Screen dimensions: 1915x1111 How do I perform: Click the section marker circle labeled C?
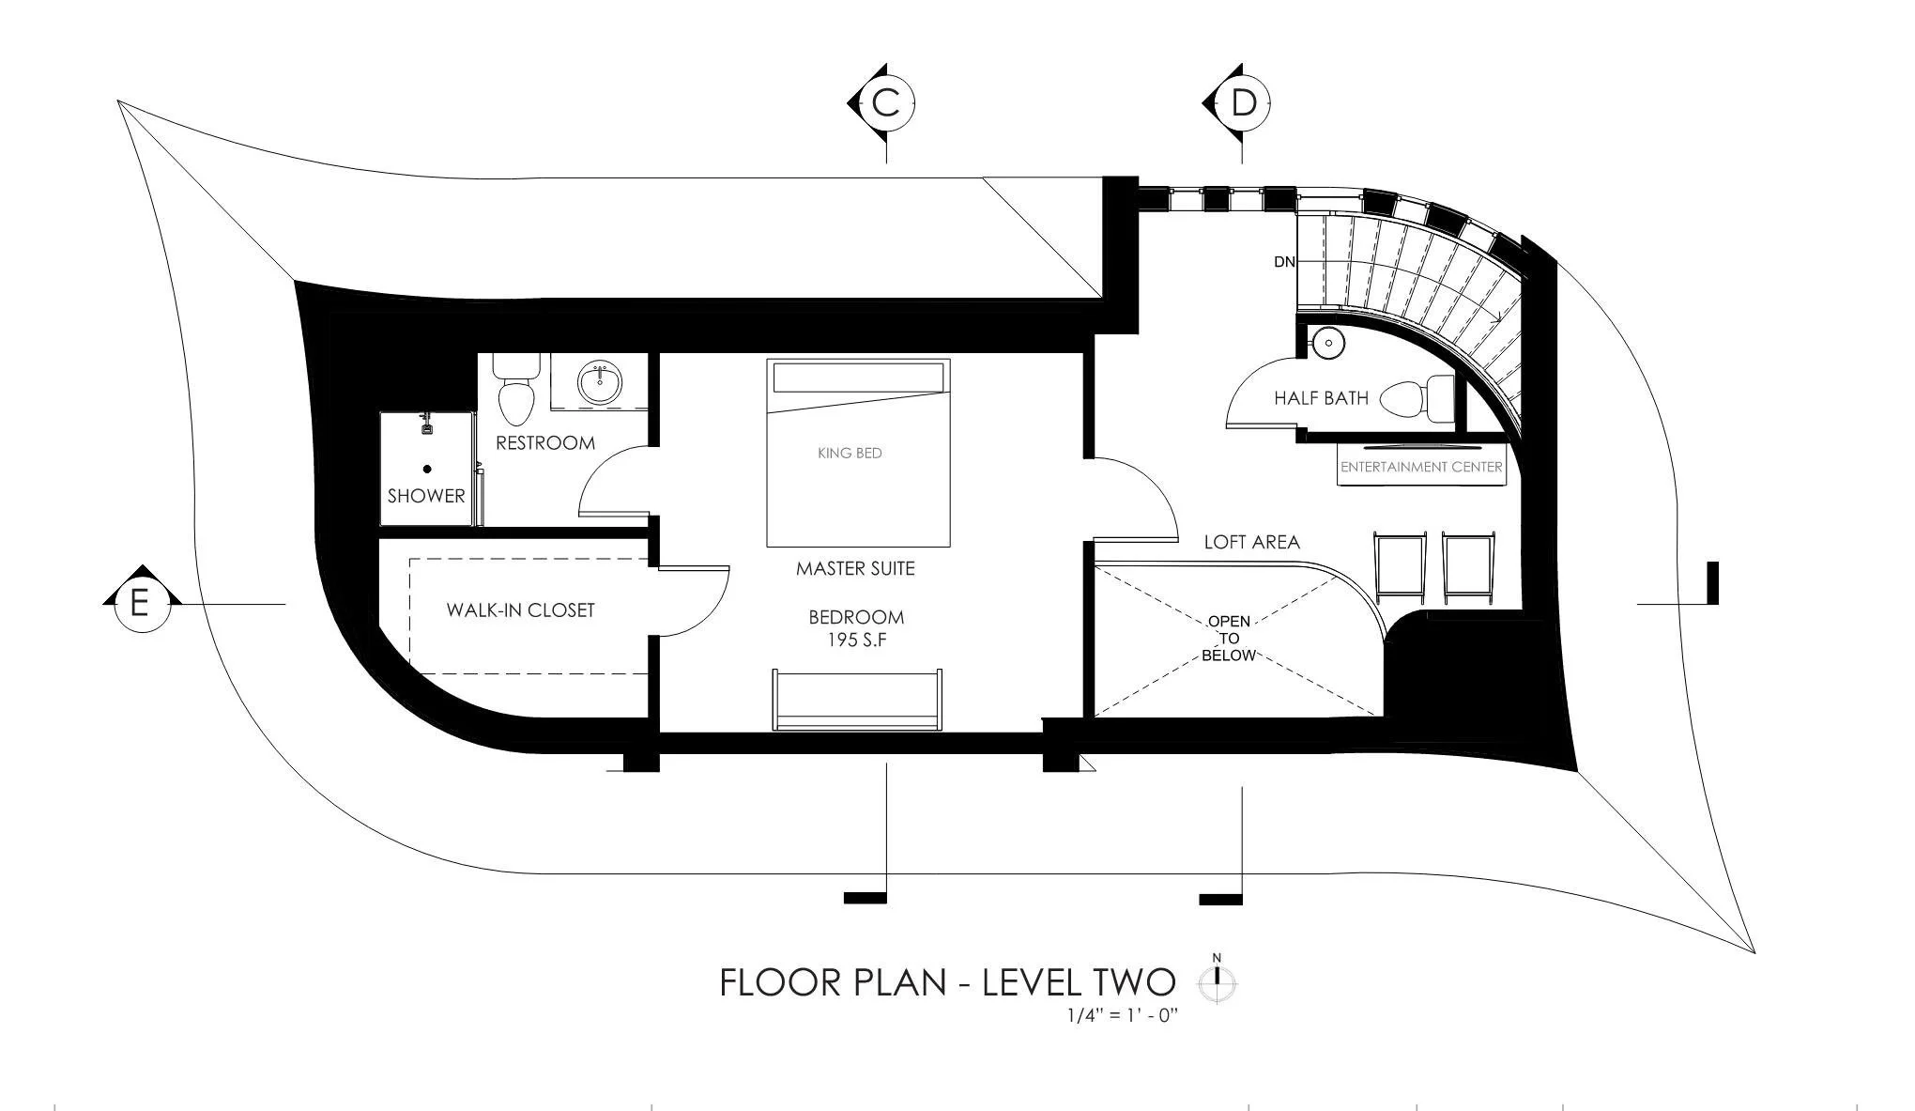coord(886,102)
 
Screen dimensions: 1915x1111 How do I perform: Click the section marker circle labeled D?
coord(1243,102)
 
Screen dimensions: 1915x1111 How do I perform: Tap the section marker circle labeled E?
coord(140,602)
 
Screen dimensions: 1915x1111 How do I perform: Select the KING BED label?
coord(850,453)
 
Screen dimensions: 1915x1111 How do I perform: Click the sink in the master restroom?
coord(599,383)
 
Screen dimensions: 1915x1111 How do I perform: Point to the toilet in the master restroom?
coord(514,392)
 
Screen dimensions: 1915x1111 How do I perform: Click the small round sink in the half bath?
coord(1328,344)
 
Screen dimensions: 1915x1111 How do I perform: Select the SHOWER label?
coord(426,496)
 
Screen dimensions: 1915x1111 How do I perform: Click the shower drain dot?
coord(427,469)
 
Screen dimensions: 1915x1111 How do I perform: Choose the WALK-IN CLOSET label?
coord(520,610)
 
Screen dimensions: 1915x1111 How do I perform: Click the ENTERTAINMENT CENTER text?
coord(1421,467)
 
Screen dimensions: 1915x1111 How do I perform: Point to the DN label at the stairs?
coord(1284,262)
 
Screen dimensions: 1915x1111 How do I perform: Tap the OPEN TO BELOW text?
coord(1229,639)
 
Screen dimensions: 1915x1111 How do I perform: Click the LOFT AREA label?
coord(1251,542)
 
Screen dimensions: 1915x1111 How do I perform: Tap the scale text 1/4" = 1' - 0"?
coord(1122,1015)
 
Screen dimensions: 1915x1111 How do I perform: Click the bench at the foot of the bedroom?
coord(857,700)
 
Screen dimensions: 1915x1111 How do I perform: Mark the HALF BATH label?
coord(1321,398)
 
